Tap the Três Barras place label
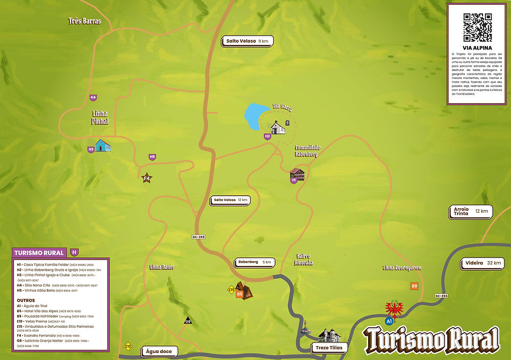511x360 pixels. point(85,21)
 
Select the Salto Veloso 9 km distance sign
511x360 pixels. point(247,41)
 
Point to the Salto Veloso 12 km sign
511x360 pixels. point(231,200)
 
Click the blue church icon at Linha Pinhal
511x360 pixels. point(103,145)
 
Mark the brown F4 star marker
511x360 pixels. point(146,178)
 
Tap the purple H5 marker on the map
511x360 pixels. point(153,157)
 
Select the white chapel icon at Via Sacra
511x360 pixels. point(278,127)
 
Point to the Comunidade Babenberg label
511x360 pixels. point(306,150)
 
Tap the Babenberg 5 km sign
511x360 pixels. point(255,263)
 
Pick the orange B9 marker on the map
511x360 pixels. point(414,286)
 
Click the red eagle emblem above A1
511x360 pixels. point(394,309)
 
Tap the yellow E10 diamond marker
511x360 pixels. point(128,346)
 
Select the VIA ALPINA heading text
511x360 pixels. point(477,48)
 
